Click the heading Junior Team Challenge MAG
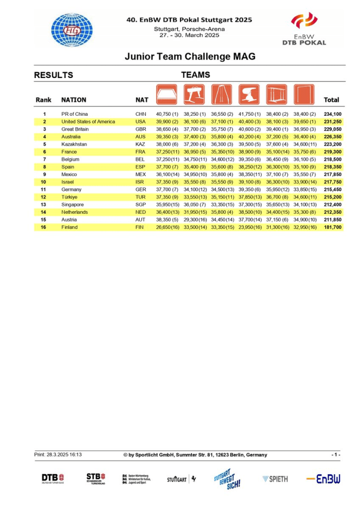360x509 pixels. coord(190,57)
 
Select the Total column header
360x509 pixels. coord(331,100)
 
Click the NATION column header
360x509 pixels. coord(74,100)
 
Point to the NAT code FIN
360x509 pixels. coord(140,227)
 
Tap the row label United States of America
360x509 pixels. coord(88,122)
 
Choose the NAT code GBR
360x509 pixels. coord(141,129)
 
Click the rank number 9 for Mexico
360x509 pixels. coord(44,174)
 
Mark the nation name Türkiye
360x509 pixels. coord(70,197)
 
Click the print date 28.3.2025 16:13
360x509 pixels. coord(58,455)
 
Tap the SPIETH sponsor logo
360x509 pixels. coord(275,479)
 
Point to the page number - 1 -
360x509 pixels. coord(336,455)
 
